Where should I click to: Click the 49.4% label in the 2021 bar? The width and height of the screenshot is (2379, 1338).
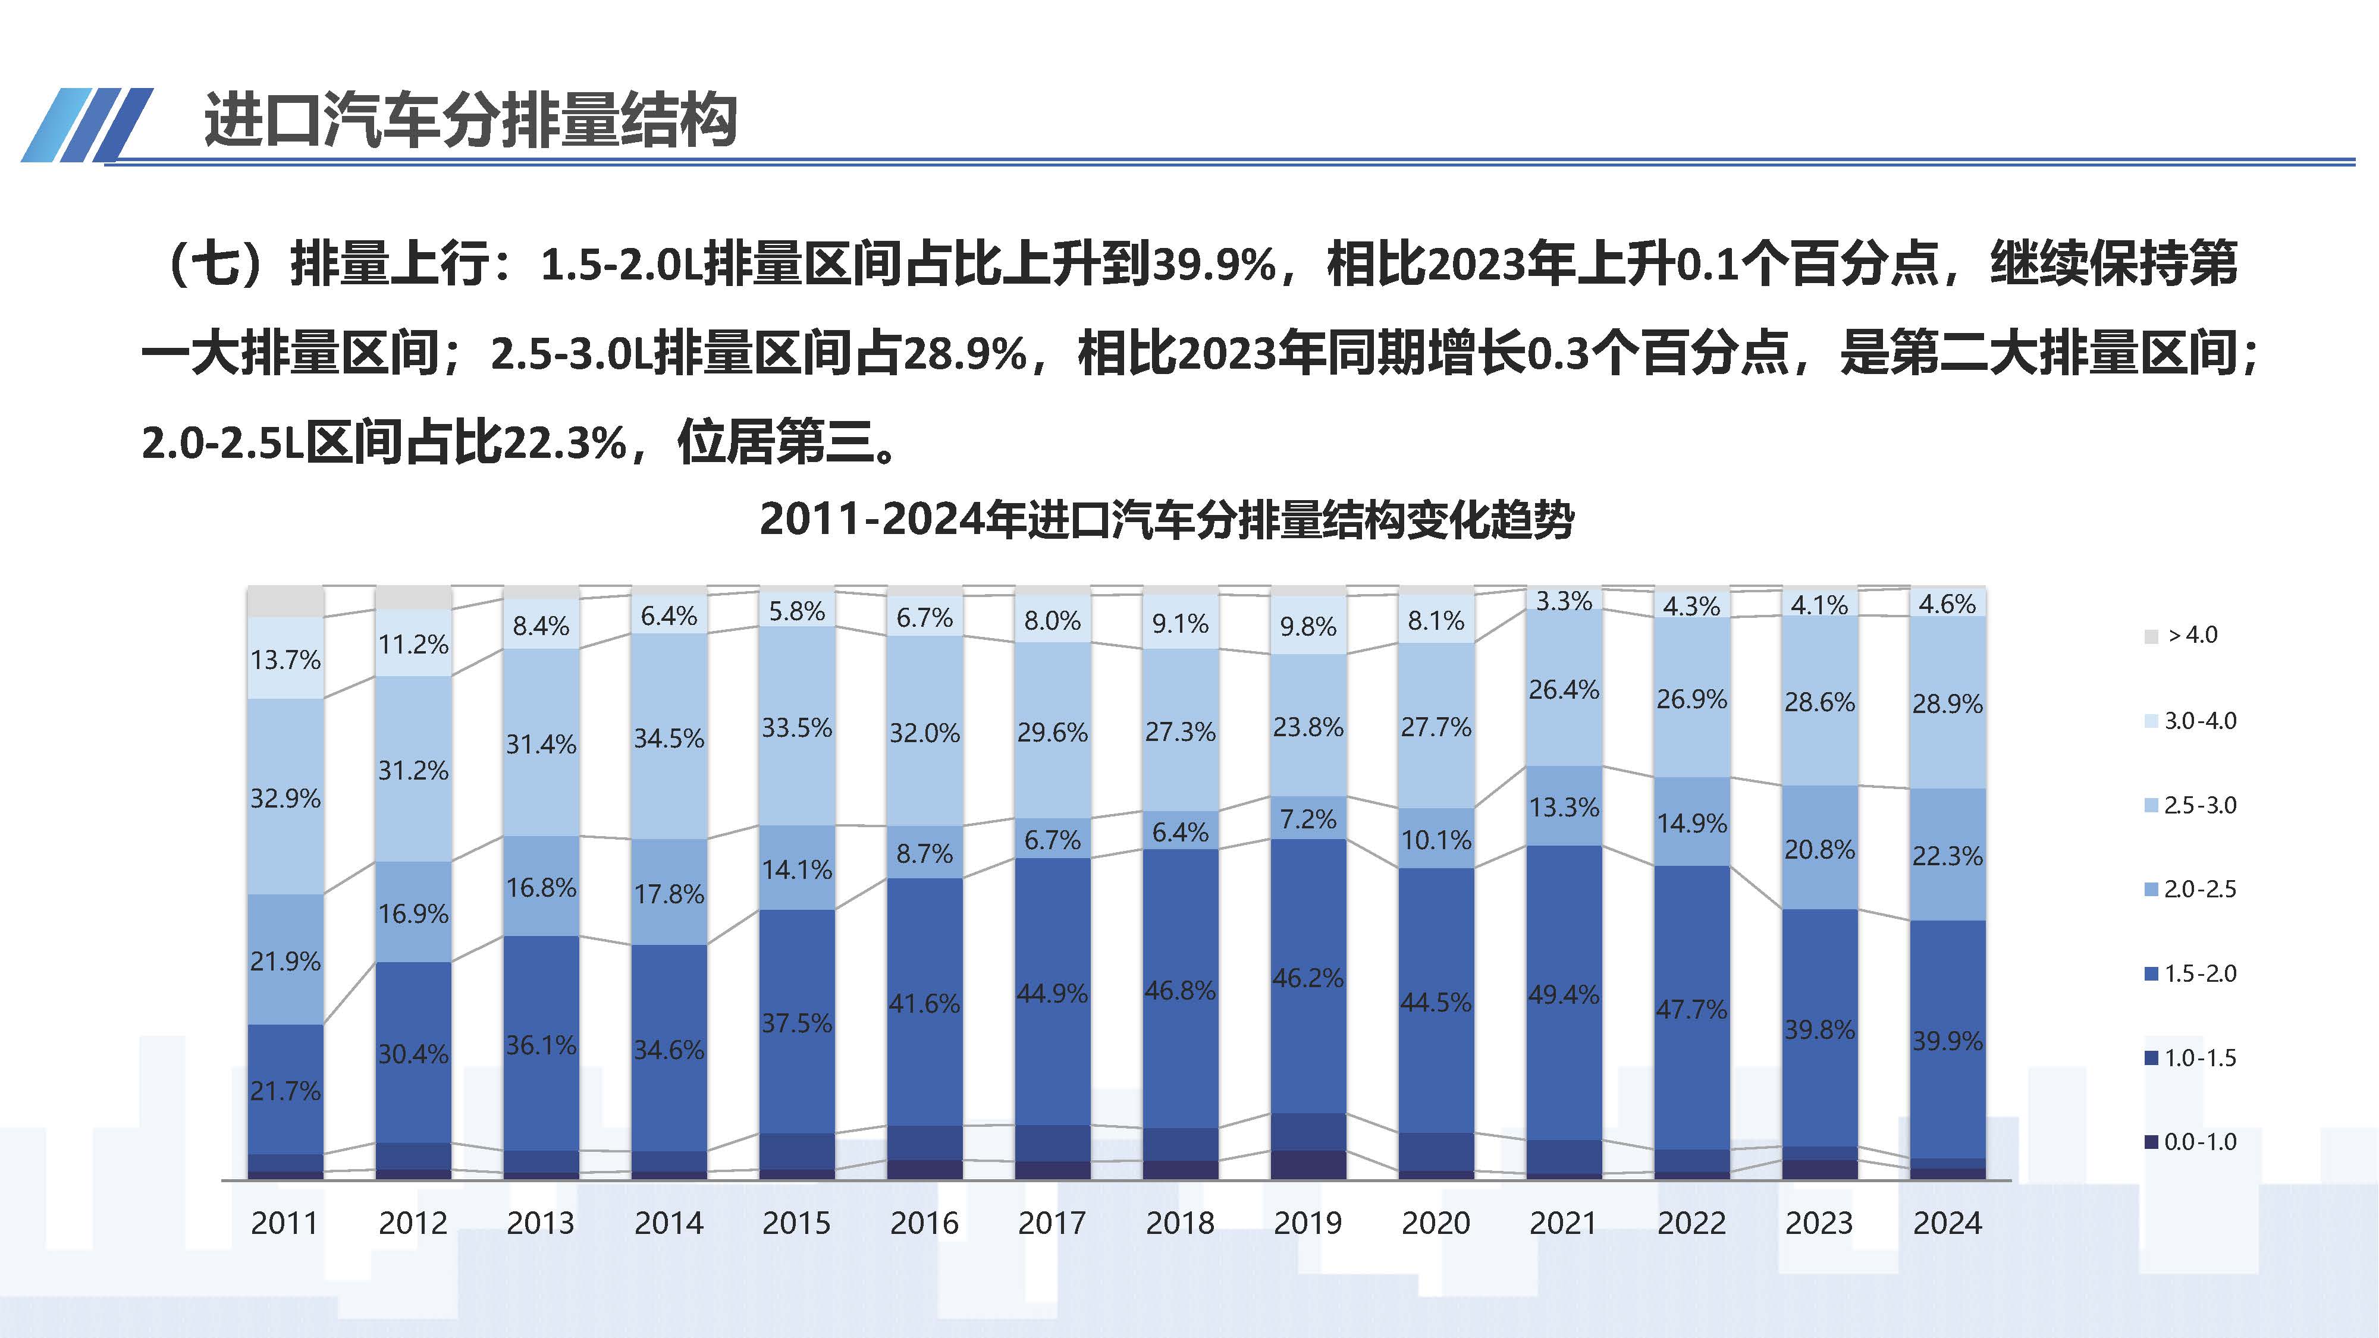click(1564, 994)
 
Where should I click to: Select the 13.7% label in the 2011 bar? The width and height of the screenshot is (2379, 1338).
click(285, 660)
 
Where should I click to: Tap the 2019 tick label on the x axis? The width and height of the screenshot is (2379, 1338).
click(1308, 1223)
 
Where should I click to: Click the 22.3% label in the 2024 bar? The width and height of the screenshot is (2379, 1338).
click(1947, 856)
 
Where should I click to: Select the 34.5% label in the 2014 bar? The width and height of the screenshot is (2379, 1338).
click(668, 738)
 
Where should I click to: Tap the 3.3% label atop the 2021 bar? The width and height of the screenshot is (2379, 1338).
click(1564, 601)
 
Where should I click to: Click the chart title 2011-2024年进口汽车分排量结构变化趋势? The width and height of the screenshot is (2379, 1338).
click(1166, 519)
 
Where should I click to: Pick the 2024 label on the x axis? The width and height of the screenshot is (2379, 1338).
click(1947, 1223)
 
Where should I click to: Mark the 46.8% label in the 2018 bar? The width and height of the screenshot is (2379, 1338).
click(1179, 991)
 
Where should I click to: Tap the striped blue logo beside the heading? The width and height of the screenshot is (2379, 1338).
click(88, 125)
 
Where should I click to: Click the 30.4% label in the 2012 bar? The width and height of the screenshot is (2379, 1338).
click(413, 1054)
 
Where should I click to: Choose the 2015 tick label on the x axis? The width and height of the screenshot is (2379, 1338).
click(796, 1223)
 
